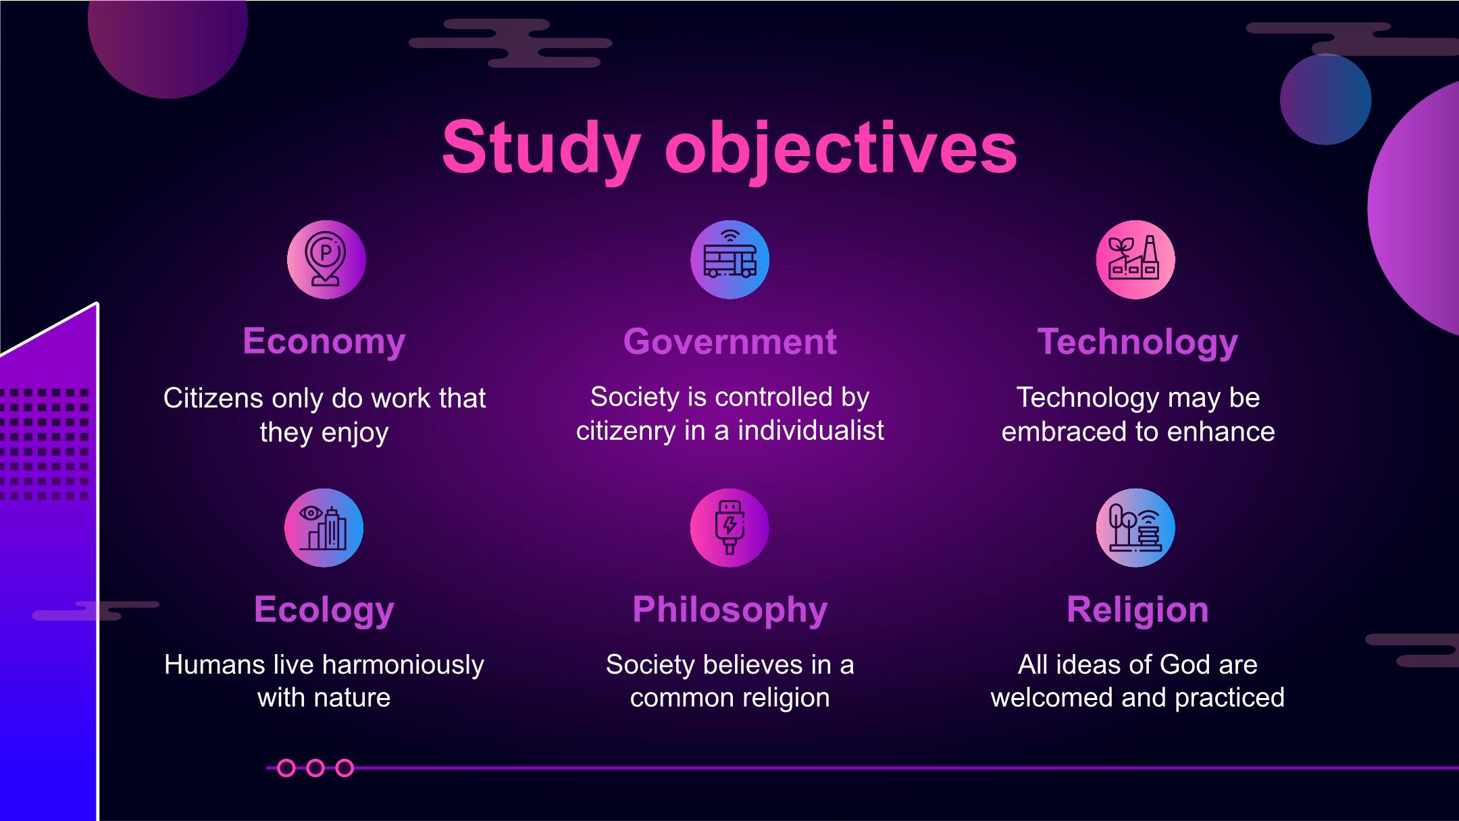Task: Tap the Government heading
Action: coord(730,341)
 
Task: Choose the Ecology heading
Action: coord(324,611)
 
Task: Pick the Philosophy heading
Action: coord(730,611)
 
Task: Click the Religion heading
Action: coord(1137,611)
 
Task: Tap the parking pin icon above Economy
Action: coord(326,259)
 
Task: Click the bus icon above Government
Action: coord(729,259)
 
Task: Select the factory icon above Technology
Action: coord(1135,259)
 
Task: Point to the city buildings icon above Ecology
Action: coord(324,528)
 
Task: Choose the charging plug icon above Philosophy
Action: coord(729,528)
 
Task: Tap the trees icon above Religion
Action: coord(1135,528)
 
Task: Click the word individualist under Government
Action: coord(811,430)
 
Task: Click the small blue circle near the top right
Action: coord(1325,99)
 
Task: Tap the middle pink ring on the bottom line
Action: coord(315,768)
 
